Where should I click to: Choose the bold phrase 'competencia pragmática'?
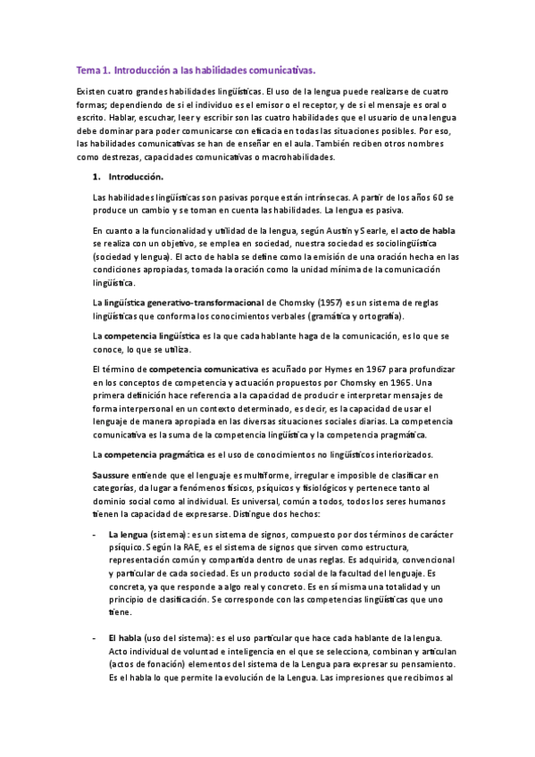click(149, 454)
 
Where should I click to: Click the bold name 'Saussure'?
click(111, 477)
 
